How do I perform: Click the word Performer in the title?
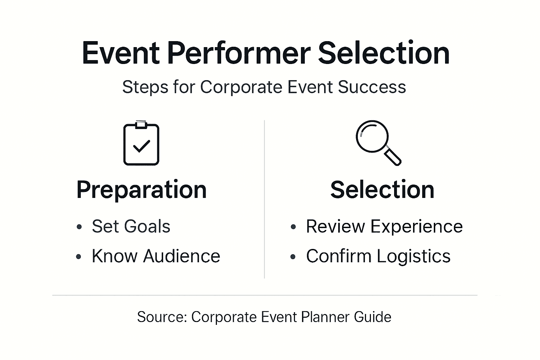239,53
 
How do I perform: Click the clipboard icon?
141,144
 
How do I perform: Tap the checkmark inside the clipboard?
142,146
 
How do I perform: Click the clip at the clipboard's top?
141,124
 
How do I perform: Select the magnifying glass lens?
372,136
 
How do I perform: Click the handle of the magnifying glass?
393,156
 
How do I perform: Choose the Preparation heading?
141,190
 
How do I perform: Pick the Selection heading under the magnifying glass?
382,190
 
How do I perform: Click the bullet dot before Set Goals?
79,227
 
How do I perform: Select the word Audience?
181,256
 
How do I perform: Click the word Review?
335,226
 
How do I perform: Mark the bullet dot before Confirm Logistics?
293,257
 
